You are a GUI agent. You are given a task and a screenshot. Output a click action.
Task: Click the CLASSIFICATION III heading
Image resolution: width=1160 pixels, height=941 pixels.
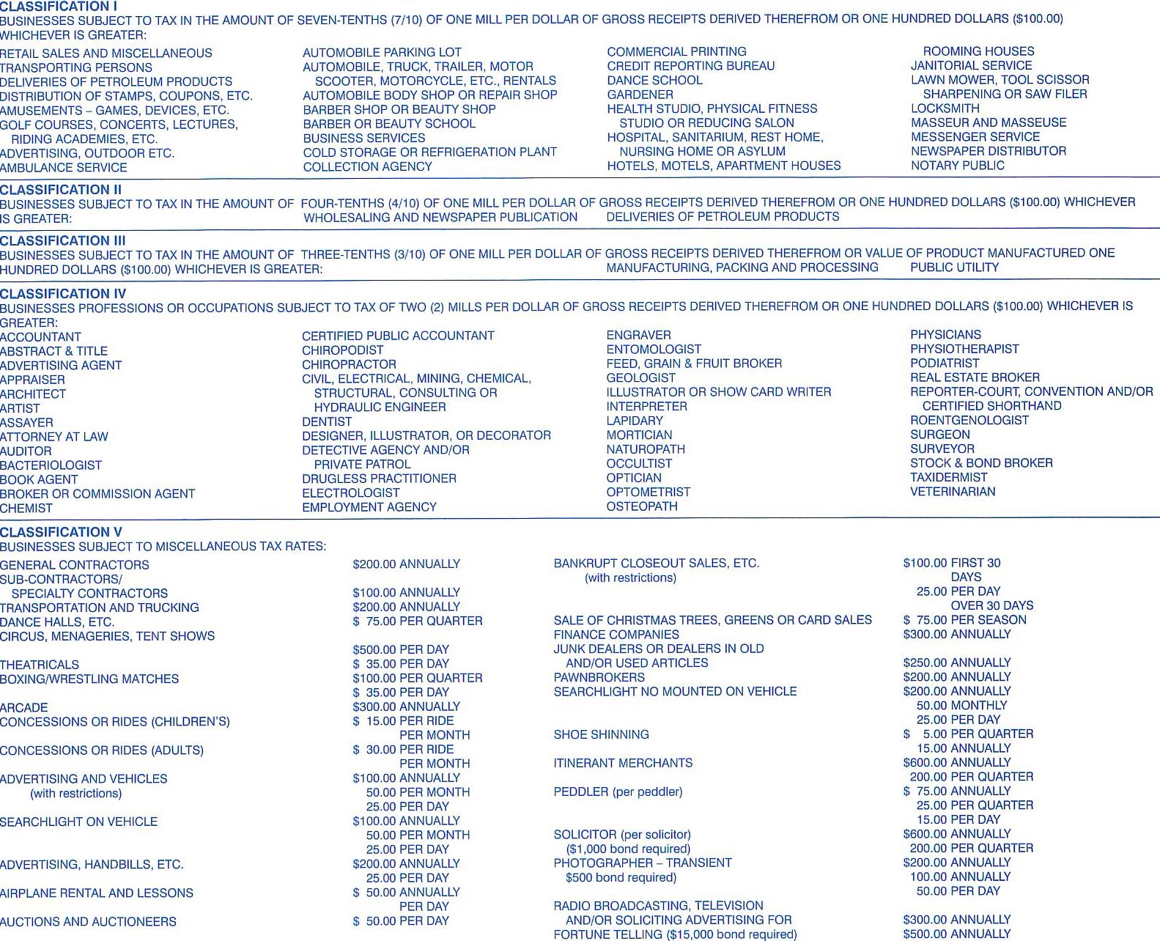click(63, 240)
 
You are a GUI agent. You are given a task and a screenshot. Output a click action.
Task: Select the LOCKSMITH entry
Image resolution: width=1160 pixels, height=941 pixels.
click(945, 108)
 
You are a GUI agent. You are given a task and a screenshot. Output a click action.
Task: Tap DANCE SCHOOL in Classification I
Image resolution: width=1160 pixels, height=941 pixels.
click(654, 80)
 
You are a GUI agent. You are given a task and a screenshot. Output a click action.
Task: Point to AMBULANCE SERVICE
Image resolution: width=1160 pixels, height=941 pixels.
click(64, 168)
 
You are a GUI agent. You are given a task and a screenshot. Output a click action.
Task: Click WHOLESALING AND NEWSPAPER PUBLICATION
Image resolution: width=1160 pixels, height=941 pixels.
click(440, 218)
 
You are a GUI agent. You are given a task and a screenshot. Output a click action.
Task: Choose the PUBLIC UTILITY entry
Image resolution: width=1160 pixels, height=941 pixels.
click(954, 267)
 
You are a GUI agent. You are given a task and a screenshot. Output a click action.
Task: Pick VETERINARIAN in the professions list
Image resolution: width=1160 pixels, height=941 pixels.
click(953, 492)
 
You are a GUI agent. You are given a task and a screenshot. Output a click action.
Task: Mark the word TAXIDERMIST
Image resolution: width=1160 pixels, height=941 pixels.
click(948, 477)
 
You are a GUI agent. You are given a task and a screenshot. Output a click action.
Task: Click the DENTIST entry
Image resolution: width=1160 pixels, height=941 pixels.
click(327, 422)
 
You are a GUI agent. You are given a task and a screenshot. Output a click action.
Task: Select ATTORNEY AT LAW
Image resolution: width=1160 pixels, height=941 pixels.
click(54, 437)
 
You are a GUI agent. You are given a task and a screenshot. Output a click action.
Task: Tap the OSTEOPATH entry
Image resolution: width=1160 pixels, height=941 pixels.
click(642, 506)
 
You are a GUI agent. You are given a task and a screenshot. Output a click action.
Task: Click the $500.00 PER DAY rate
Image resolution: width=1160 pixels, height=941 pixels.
click(401, 650)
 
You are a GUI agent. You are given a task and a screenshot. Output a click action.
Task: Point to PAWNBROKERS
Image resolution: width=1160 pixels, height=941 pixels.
click(599, 678)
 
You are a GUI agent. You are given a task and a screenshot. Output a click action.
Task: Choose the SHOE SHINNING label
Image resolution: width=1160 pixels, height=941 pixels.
click(601, 734)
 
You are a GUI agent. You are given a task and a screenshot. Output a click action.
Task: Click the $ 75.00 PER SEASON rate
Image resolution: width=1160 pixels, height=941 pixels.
click(964, 620)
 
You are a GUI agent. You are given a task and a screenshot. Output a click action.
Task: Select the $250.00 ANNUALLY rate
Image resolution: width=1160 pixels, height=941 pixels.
click(956, 663)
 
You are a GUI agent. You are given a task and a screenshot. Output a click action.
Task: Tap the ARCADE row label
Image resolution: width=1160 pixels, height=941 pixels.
click(24, 708)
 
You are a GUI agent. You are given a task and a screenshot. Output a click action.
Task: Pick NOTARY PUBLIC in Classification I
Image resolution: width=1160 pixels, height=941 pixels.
click(957, 166)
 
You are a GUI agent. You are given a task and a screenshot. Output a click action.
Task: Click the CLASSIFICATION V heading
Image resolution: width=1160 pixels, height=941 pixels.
click(62, 532)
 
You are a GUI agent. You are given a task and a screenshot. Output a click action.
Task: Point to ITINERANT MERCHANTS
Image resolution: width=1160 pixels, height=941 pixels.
click(623, 763)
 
